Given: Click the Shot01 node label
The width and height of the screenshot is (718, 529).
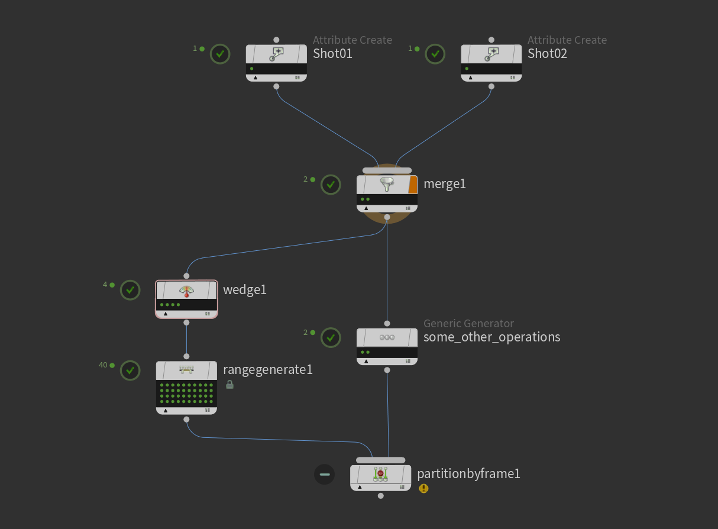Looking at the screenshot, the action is pos(332,53).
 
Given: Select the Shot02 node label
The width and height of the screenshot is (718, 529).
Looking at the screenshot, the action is pos(547,53).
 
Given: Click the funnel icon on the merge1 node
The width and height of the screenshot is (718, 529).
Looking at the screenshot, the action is pos(387,185).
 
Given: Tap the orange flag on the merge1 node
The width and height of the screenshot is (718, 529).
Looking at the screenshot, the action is pos(413,185).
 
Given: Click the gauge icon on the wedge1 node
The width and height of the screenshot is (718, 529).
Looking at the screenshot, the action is pos(186,291).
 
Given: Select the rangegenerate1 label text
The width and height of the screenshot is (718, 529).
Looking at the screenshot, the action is pos(268,370).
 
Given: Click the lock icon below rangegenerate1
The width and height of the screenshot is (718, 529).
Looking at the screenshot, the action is pos(229,385).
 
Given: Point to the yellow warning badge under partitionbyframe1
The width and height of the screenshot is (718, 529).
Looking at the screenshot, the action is pos(423,488).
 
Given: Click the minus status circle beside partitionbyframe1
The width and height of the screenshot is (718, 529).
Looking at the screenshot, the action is pos(324,474).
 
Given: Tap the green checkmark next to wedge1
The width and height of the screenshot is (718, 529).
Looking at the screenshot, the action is pos(130,290).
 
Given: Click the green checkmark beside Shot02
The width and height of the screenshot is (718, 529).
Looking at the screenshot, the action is pos(435,54).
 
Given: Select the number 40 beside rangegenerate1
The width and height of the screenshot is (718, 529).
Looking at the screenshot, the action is pos(103,365).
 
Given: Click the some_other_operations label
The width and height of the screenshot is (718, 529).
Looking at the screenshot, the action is pos(491,337).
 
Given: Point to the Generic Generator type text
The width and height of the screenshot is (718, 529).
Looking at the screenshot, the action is pos(468,324).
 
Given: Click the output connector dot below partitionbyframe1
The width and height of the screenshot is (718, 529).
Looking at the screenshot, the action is pos(380,496).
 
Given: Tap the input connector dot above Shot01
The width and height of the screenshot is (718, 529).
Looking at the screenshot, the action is pos(276,40).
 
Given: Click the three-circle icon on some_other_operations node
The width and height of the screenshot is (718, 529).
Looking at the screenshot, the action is pos(387,337).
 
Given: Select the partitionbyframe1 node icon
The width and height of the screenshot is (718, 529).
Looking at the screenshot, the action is pos(380,474).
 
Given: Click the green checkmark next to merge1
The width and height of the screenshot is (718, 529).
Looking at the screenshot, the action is pos(331,185).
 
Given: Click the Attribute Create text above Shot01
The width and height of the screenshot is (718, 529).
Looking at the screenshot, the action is pos(352,40).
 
